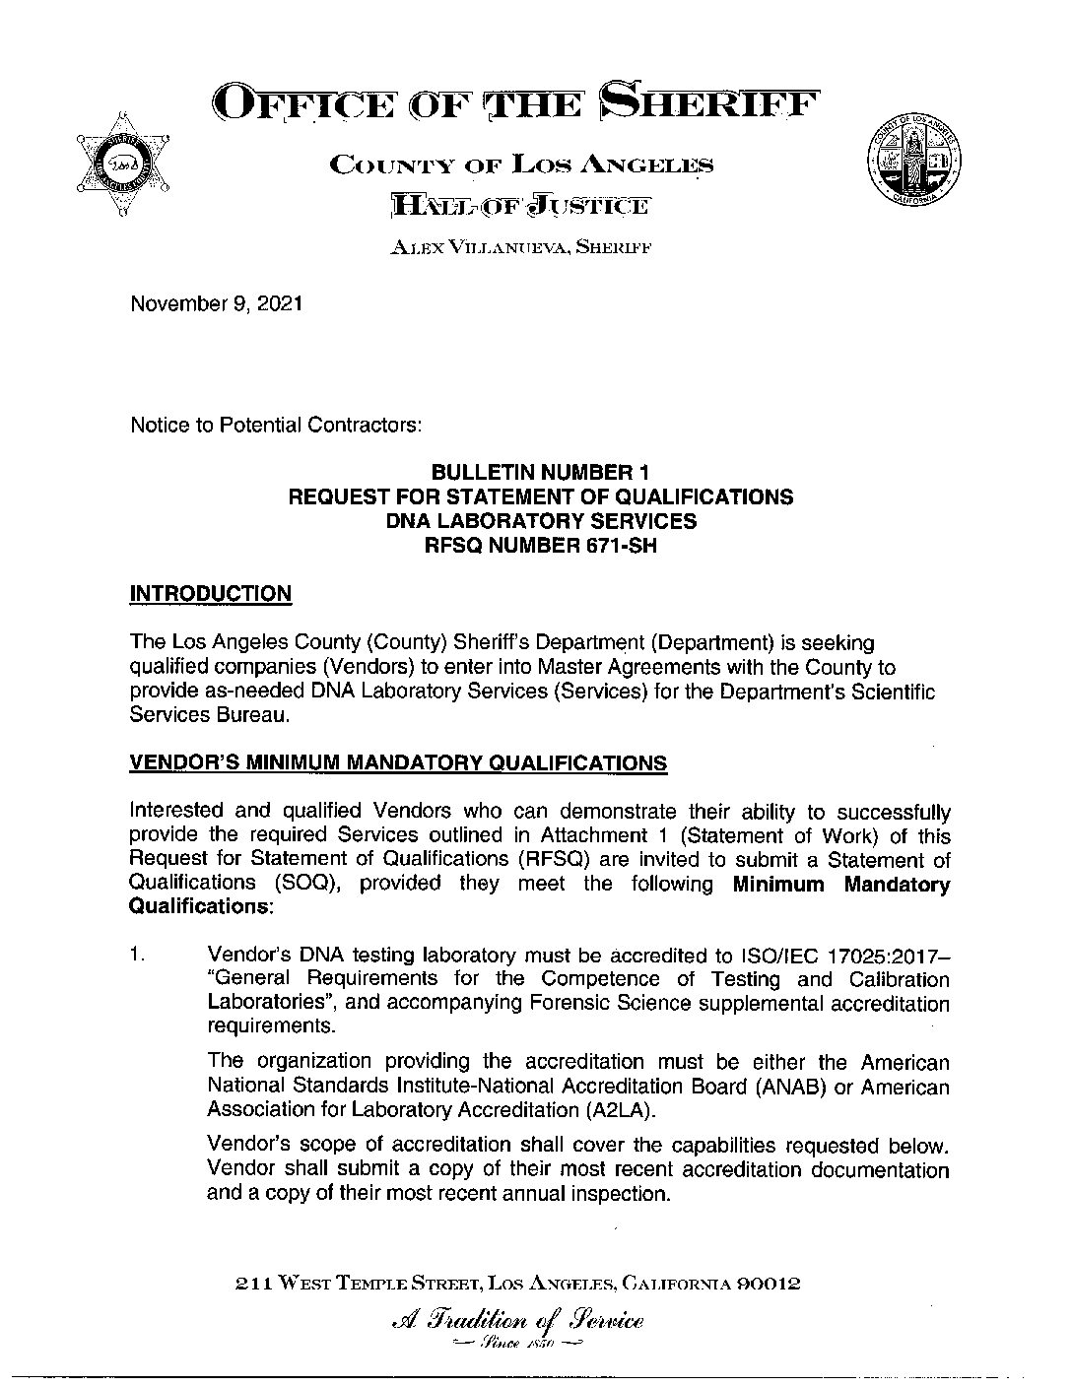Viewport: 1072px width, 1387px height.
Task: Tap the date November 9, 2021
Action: (217, 303)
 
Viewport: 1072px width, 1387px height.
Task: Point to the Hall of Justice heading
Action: (520, 205)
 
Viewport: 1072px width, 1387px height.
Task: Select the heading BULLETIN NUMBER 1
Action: (540, 474)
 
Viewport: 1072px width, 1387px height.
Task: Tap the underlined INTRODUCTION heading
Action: (211, 594)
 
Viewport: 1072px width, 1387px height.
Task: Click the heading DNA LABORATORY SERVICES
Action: (540, 521)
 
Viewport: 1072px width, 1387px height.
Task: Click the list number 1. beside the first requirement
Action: (139, 956)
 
